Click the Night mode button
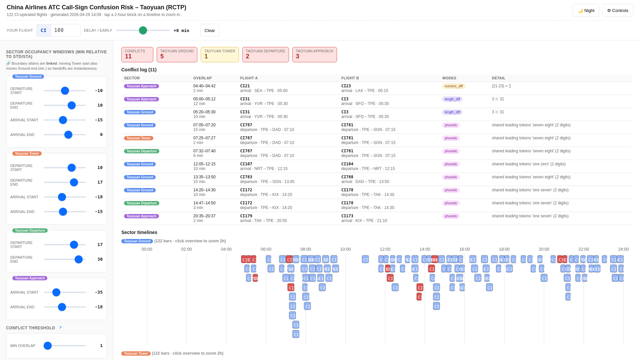point(586,10)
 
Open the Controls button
point(617,10)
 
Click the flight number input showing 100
point(65,30)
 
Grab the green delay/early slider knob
point(143,30)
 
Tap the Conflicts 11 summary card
point(137,54)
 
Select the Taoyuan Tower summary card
point(220,54)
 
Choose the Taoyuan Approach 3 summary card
point(314,54)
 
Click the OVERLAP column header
point(202,78)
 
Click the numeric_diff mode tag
point(453,86)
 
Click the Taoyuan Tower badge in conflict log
point(138,138)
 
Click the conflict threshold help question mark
point(60,328)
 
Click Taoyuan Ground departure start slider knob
point(65,91)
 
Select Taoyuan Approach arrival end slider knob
point(62,307)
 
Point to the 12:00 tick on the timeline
point(385,249)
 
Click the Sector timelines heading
point(139,232)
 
